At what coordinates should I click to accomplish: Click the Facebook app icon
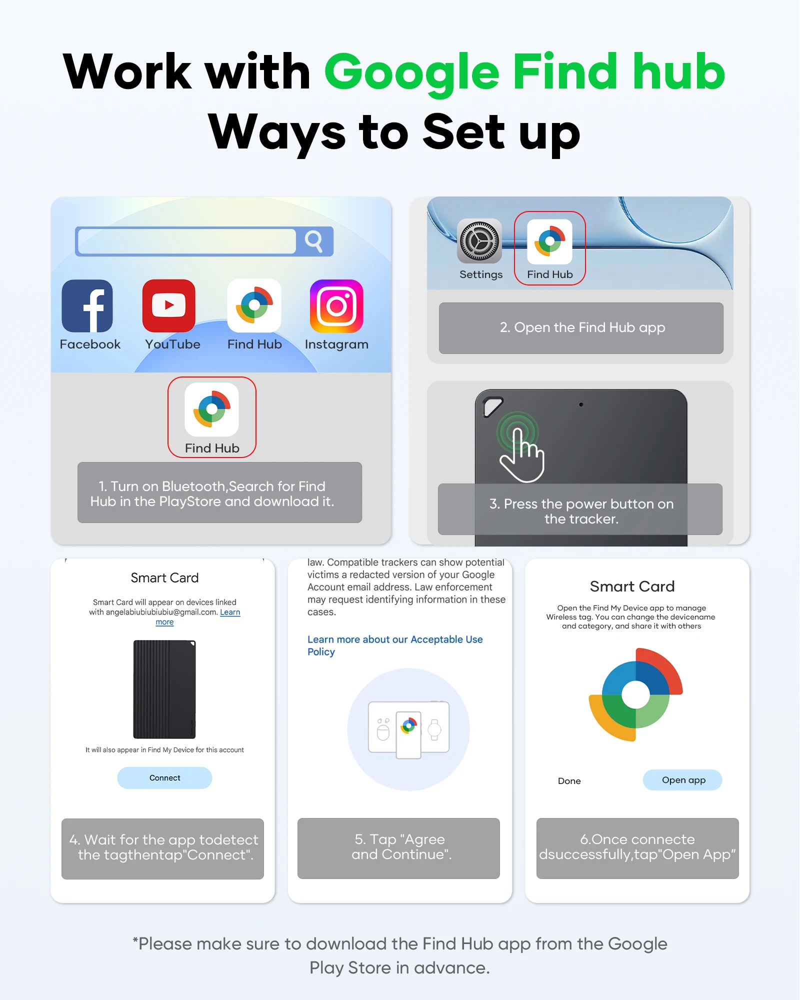click(87, 306)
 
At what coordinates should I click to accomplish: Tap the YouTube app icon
click(169, 306)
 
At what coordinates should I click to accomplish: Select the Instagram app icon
click(336, 306)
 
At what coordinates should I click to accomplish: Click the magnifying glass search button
click(314, 241)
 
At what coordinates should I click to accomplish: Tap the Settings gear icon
click(479, 241)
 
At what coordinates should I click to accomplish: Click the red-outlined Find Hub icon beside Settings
click(549, 241)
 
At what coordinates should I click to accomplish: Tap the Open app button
click(683, 780)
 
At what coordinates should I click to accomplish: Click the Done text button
click(569, 781)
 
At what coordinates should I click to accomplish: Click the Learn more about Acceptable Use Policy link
click(395, 645)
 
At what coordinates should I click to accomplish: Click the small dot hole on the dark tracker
click(581, 404)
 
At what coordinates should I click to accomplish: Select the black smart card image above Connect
click(164, 689)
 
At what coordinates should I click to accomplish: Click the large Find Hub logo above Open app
click(636, 694)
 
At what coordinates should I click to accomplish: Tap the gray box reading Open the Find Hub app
click(581, 328)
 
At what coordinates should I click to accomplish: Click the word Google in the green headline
click(412, 73)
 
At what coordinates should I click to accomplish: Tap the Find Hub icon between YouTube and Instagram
click(254, 305)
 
